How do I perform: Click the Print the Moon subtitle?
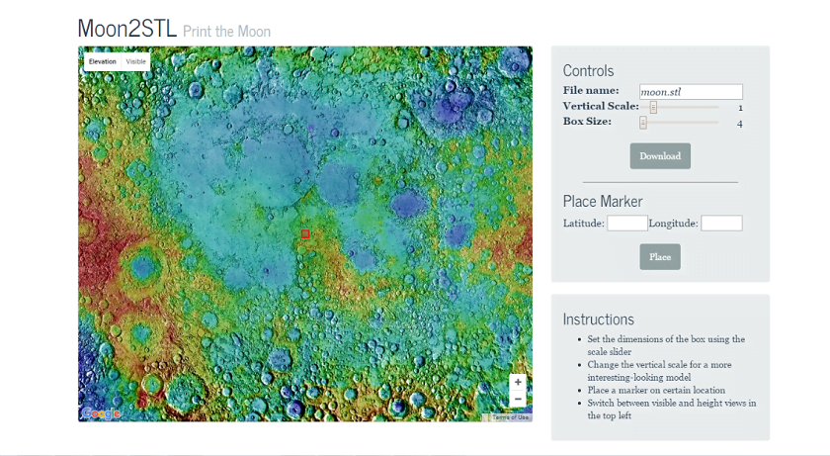(x=226, y=32)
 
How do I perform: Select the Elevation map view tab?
(x=102, y=61)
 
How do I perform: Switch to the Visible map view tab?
(x=136, y=61)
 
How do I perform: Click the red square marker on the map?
(x=305, y=234)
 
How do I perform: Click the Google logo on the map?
(x=101, y=413)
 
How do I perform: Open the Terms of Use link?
(x=511, y=417)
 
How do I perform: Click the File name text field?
(x=691, y=92)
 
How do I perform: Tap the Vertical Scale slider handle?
(x=653, y=107)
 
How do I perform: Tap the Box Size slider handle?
(x=643, y=123)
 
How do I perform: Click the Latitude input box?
(x=627, y=224)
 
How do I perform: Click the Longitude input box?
(x=721, y=224)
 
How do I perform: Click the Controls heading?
(x=588, y=70)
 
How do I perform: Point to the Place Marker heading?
(x=603, y=202)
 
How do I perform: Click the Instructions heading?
(x=599, y=319)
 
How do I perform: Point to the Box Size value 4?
(x=739, y=124)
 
